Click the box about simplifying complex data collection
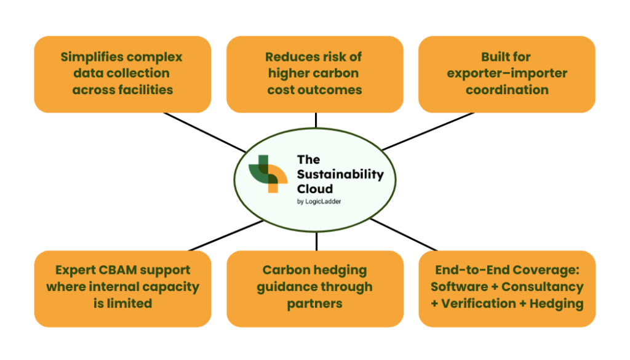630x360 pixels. click(x=122, y=74)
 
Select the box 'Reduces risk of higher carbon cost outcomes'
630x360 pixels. click(x=315, y=74)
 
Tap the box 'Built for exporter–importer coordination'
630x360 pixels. click(x=507, y=74)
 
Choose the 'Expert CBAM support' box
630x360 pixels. click(x=122, y=289)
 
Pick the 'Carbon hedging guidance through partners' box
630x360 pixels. click(x=315, y=289)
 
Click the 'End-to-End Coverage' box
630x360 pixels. click(x=507, y=289)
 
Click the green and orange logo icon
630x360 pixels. click(x=268, y=174)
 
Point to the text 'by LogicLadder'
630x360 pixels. click(x=319, y=201)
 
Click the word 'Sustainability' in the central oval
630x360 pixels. click(x=340, y=174)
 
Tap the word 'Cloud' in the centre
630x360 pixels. click(x=315, y=189)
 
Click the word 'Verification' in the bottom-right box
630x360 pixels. click(x=479, y=303)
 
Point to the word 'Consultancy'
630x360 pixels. click(x=543, y=287)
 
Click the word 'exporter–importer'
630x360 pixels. click(x=507, y=73)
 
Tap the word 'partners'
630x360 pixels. click(x=314, y=304)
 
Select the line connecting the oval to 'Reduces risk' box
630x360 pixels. click(x=316, y=120)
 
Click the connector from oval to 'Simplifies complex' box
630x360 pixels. click(x=205, y=132)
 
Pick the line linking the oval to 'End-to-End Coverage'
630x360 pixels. click(x=404, y=235)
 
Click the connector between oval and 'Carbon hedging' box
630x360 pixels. click(x=317, y=241)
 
